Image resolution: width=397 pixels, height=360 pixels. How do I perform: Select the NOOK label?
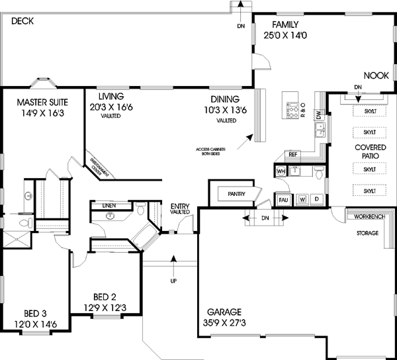[374, 76]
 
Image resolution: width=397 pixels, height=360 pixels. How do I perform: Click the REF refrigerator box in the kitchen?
[294, 155]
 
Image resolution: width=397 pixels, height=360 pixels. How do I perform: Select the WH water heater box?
[280, 172]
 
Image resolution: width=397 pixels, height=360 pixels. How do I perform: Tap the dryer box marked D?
[316, 199]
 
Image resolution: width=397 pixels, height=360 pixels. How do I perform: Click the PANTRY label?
[236, 194]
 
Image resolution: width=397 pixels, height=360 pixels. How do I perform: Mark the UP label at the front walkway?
[174, 281]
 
